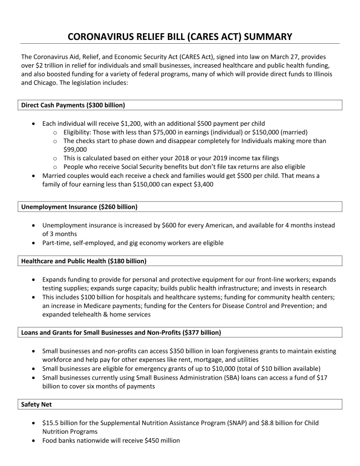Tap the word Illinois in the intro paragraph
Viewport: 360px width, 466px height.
320,74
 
